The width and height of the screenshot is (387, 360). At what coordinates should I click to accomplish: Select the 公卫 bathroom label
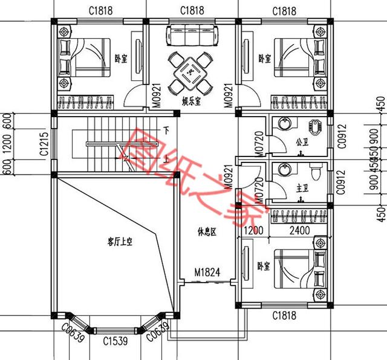[x=302, y=143]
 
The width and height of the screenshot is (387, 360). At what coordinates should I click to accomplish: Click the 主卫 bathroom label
[x=302, y=188]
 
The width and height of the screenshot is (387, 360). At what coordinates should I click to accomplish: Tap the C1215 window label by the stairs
[x=44, y=145]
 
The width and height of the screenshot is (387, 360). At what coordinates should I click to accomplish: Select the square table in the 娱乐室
[x=192, y=72]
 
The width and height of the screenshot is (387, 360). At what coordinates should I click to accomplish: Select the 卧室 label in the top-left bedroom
[x=120, y=59]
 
